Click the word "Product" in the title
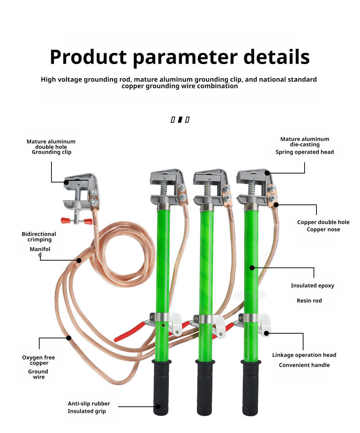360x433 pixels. (x=89, y=57)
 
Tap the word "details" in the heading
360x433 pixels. (x=276, y=57)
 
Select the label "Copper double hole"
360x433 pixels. (x=323, y=222)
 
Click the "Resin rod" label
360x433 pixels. (x=309, y=301)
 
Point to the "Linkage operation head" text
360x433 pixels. (x=304, y=355)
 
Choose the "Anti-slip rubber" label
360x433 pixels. (x=89, y=403)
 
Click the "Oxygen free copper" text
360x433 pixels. (x=39, y=360)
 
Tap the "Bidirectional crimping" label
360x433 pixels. (x=39, y=237)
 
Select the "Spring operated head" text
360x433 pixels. (x=305, y=152)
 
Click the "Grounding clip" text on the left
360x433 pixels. (x=51, y=152)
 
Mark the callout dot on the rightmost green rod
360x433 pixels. (x=252, y=267)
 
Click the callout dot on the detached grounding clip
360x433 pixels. (x=66, y=182)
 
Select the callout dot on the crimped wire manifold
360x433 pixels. (x=79, y=260)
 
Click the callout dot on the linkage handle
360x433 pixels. (x=266, y=333)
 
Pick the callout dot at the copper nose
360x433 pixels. (x=276, y=205)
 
